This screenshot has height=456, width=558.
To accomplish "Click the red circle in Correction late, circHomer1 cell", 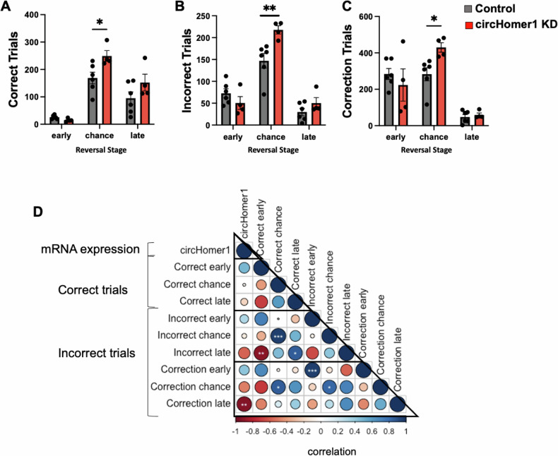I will pos(244,403).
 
